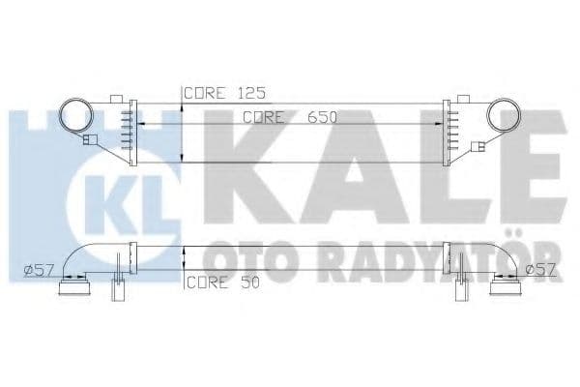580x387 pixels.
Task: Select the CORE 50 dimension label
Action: click(220, 283)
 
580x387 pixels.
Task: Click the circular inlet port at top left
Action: click(77, 118)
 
